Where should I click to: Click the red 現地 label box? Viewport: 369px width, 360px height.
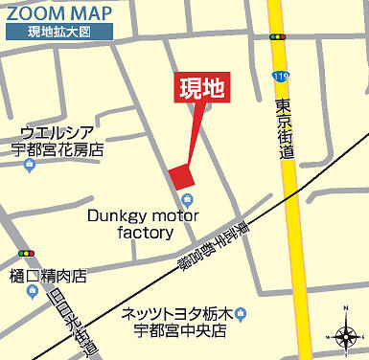(201, 89)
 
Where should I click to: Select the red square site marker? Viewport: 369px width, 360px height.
(181, 175)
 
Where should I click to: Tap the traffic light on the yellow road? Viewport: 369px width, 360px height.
(278, 36)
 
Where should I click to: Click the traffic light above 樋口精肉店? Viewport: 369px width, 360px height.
(26, 254)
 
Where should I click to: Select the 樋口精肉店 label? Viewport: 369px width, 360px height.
(48, 276)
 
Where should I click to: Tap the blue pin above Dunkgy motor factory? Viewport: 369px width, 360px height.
(187, 199)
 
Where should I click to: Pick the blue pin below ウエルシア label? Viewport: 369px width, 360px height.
(30, 167)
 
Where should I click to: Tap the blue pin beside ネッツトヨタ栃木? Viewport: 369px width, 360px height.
(241, 312)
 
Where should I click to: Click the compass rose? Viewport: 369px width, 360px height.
(345, 335)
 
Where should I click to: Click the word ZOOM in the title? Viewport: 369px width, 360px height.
(30, 12)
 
